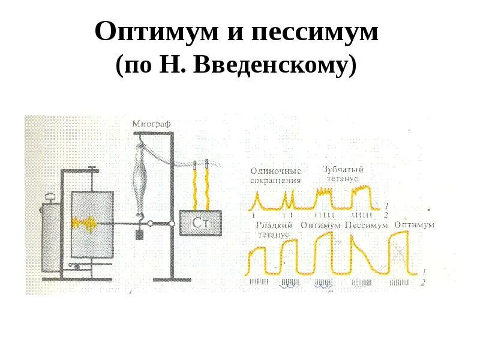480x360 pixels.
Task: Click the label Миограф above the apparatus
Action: [152, 123]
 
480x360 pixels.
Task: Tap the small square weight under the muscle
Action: [140, 235]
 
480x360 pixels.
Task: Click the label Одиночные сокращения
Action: [275, 175]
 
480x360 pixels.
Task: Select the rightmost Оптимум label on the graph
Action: [415, 224]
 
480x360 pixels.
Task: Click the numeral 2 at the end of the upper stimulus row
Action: [386, 214]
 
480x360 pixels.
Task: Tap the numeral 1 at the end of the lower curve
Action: [425, 271]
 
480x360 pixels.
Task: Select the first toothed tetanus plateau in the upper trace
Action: [326, 193]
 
